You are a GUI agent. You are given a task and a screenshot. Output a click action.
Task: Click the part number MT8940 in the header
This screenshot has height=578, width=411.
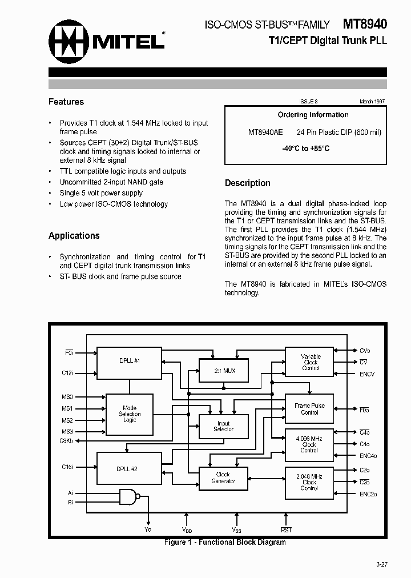coord(365,24)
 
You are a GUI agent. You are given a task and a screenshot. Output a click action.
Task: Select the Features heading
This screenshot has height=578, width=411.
coord(66,102)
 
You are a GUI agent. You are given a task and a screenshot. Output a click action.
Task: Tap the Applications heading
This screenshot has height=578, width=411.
coord(74,235)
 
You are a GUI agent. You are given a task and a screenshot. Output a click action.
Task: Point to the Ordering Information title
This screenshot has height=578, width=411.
coord(305,115)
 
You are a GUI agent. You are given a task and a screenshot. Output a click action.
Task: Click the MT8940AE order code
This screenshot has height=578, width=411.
coord(265,132)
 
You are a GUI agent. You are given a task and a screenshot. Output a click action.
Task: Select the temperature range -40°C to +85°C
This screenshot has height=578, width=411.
coord(305,148)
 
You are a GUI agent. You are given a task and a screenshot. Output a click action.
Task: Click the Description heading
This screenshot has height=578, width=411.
coord(247,183)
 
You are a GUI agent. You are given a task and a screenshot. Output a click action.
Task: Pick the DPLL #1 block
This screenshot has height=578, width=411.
coord(130,361)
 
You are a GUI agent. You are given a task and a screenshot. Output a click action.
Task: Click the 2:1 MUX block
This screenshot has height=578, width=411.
coord(224,371)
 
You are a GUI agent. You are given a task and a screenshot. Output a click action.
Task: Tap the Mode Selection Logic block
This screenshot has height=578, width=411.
coord(130,414)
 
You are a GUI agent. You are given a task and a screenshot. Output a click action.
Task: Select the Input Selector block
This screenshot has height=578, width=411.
coord(223,427)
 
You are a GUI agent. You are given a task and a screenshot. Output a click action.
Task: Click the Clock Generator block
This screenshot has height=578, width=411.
coord(223,477)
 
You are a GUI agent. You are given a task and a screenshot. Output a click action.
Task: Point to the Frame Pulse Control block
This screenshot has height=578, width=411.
coord(309,409)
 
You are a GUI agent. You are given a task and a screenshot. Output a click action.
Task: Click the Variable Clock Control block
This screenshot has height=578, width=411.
coord(311,363)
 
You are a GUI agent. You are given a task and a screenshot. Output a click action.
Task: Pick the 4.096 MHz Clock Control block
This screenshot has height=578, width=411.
coord(309,444)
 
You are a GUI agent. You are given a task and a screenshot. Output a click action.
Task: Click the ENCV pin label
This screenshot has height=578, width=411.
coord(367,374)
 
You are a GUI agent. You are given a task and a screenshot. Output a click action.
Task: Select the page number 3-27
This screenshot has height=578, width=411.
coord(381,564)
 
